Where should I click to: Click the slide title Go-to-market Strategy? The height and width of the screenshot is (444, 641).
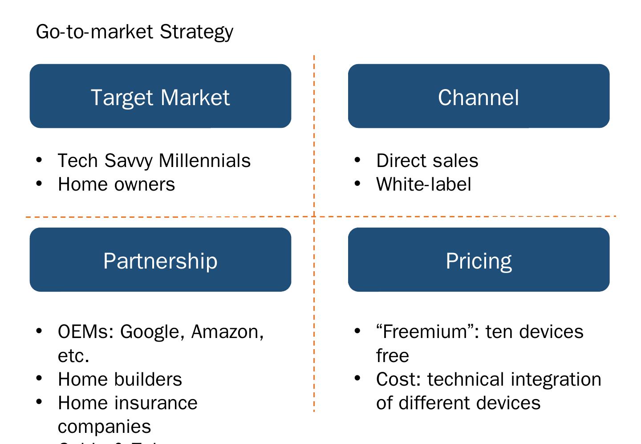coord(134,32)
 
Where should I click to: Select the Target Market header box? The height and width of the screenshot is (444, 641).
coord(160,96)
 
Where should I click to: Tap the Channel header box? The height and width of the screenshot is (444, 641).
coord(479,96)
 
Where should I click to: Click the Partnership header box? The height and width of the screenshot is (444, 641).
coord(160,260)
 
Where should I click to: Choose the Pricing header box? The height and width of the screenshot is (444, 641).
coord(479,260)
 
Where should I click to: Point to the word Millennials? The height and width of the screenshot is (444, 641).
coord(205,161)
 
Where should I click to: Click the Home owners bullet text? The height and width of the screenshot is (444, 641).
coord(116,184)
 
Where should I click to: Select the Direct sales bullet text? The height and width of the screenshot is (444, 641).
coord(427,161)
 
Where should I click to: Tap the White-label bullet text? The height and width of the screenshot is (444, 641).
coord(423,184)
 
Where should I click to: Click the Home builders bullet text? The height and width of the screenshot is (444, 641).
coord(120,379)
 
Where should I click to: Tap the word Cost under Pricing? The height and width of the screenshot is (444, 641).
coord(398,379)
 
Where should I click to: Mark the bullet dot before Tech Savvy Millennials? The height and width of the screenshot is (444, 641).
coord(39,160)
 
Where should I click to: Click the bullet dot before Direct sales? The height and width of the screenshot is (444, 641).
coord(357,160)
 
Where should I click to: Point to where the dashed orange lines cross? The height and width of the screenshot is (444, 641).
coord(314,217)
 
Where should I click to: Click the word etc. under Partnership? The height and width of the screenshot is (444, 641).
coord(73,356)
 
